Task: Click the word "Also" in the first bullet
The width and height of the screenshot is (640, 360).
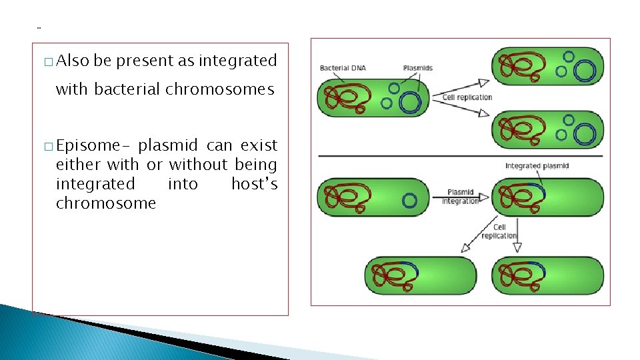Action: tap(73, 61)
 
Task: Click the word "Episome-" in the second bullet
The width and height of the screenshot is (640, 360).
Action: tap(93, 145)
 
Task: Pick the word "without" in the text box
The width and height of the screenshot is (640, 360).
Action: tap(198, 164)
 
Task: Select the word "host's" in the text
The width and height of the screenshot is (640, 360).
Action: tap(254, 183)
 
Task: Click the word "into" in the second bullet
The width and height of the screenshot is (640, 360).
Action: tap(183, 183)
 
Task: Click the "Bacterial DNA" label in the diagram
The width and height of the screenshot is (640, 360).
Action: tap(343, 68)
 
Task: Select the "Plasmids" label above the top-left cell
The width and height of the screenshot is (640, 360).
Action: tap(418, 68)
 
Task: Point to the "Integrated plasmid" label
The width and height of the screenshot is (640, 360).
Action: tap(537, 166)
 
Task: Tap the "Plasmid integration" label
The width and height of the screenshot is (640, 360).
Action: tap(460, 197)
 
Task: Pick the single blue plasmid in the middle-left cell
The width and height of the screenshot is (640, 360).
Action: tap(409, 199)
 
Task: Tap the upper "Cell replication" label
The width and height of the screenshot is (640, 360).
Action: tap(467, 97)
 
